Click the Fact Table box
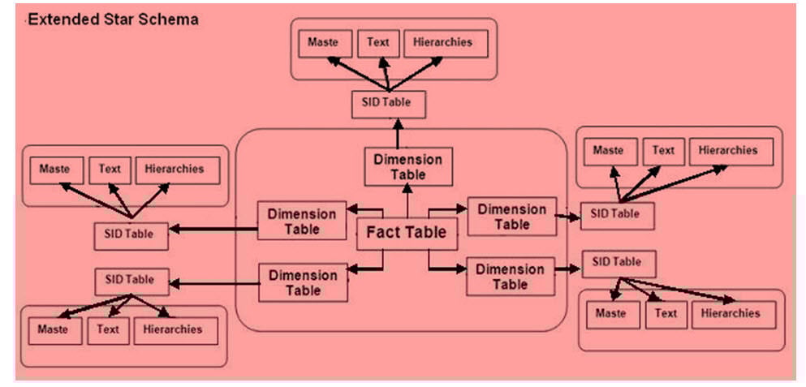point(407,233)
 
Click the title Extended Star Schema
point(113,19)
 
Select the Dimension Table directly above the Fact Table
point(407,167)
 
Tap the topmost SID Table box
point(388,105)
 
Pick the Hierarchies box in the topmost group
point(446,44)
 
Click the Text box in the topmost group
point(378,44)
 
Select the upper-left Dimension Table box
point(301,221)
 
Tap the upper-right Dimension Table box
point(511,216)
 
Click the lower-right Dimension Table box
point(510,277)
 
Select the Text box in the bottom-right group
point(665,314)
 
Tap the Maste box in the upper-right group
point(609,152)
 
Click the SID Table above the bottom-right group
point(619,263)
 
